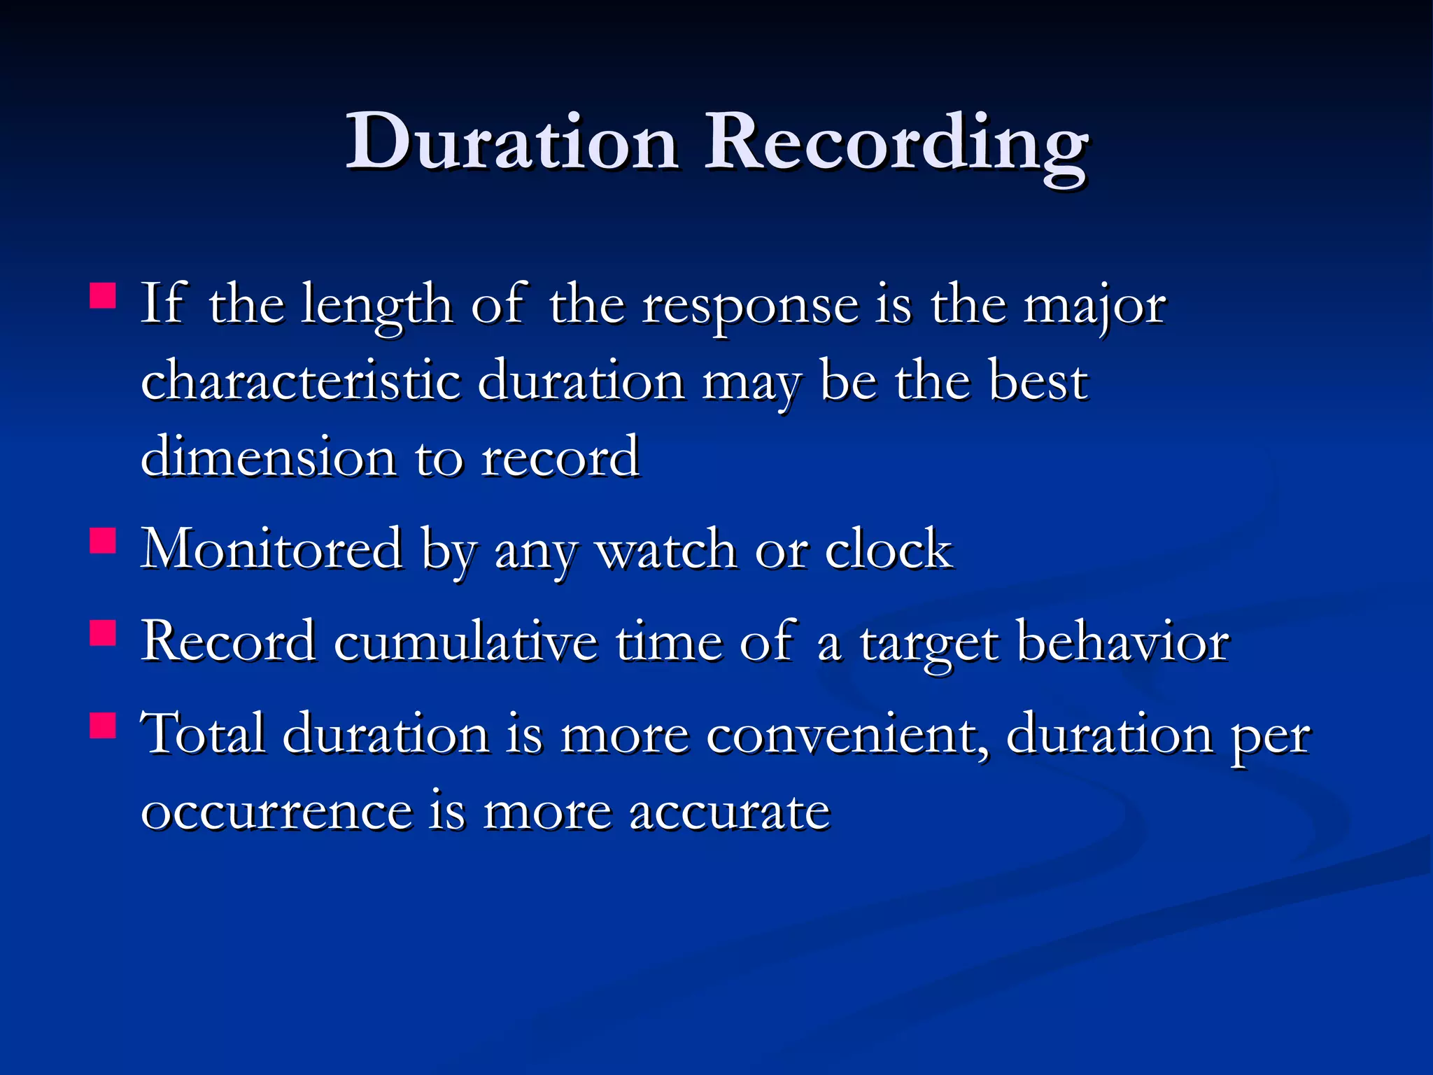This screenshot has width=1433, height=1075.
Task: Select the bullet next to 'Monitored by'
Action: (x=103, y=541)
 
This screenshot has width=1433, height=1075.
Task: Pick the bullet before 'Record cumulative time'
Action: (x=103, y=633)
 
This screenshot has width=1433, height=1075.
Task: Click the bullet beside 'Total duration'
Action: (x=103, y=726)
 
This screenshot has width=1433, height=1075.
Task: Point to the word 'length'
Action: (x=376, y=307)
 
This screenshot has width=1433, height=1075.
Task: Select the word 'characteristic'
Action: (x=301, y=381)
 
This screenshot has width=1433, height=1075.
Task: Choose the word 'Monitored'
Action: (x=271, y=549)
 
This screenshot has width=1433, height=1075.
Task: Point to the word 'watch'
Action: (x=665, y=550)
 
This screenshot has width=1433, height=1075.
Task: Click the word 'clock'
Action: (x=888, y=549)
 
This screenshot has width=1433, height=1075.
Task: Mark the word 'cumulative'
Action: (x=465, y=641)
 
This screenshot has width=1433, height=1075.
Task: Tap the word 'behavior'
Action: (x=1122, y=641)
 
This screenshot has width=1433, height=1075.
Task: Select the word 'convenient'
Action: (x=847, y=735)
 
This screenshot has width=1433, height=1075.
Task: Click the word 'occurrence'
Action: (x=277, y=812)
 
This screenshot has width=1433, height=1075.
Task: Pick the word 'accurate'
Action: (x=728, y=812)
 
